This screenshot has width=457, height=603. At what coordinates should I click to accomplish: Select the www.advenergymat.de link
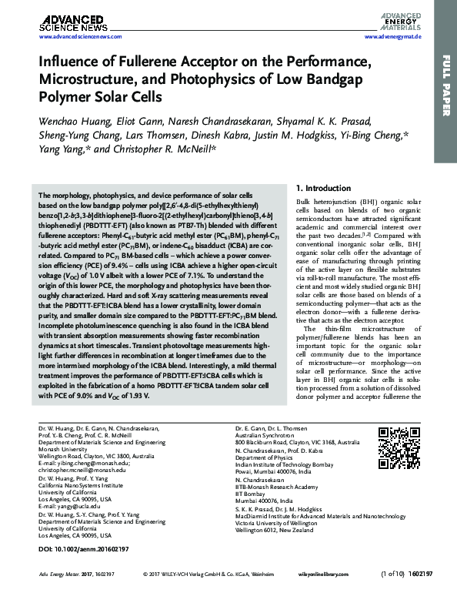point(393,36)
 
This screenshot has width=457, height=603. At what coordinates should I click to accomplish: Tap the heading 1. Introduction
point(329,188)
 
